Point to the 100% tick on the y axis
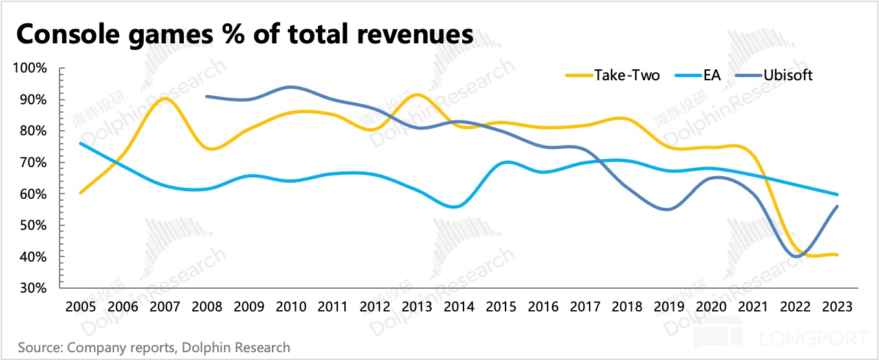pyautogui.click(x=29, y=68)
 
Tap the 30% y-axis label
pyautogui.click(x=32, y=288)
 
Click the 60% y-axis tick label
pyautogui.click(x=32, y=194)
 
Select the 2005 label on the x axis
pyautogui.click(x=80, y=306)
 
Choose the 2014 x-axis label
pyautogui.click(x=459, y=306)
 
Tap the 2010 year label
pyautogui.click(x=291, y=306)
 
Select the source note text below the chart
pyautogui.click(x=154, y=348)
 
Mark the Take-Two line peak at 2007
pyautogui.click(x=164, y=98)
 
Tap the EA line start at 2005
pyautogui.click(x=80, y=143)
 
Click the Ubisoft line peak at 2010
pyautogui.click(x=291, y=87)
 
